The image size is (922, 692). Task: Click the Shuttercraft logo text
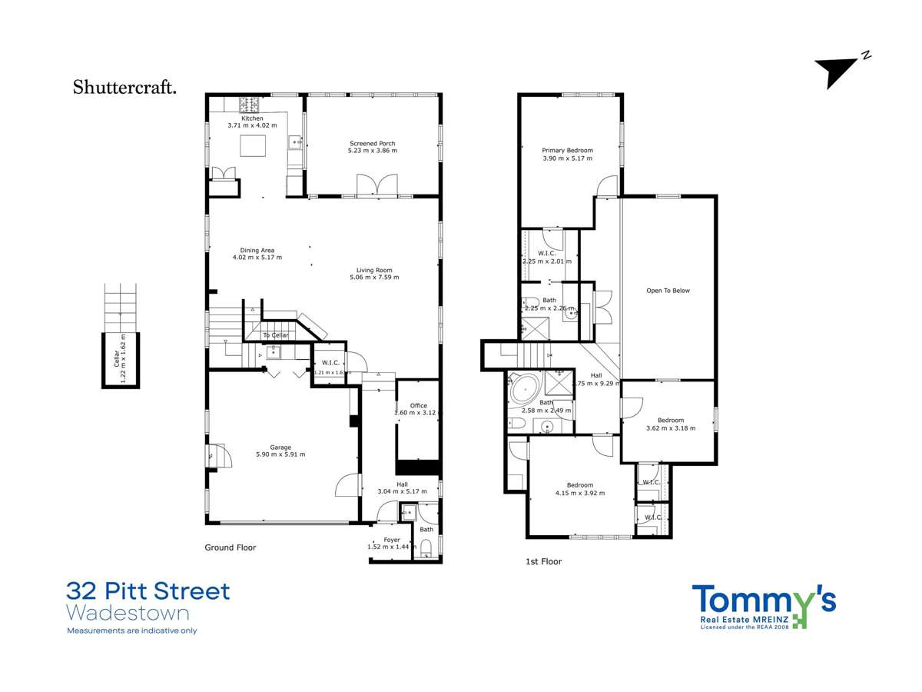124,87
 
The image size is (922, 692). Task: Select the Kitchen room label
251,118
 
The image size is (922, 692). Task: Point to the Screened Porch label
373,144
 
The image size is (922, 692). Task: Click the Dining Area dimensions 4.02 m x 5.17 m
257,257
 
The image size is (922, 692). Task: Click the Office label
418,405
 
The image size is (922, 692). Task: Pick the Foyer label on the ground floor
392,540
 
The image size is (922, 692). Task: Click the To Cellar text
276,335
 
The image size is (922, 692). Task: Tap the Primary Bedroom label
567,151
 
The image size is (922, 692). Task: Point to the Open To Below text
668,291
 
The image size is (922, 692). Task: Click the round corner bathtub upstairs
522,389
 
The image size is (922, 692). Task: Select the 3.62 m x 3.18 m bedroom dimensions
671,428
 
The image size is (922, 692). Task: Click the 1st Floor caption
542,561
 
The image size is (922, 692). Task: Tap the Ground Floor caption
230,547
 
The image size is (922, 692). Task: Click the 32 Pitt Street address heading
148,591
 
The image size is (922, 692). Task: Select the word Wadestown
128,614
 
